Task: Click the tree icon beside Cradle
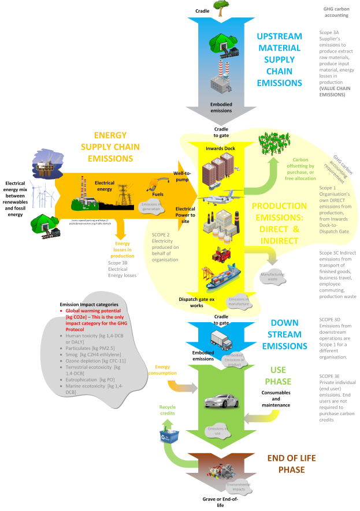point(220,6)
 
